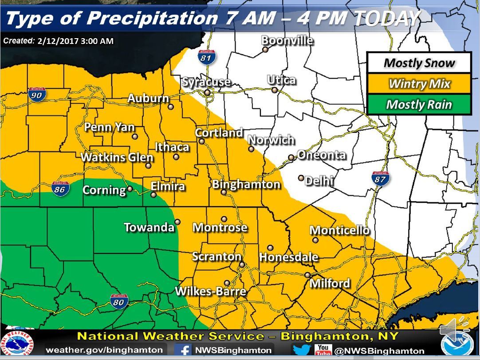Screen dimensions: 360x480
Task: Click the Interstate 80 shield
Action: tap(119, 301)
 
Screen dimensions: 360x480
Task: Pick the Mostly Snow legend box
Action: tap(419, 63)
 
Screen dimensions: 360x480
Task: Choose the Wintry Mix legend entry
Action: tap(419, 83)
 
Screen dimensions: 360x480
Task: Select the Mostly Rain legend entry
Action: tap(419, 105)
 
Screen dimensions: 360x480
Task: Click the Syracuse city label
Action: tap(206, 82)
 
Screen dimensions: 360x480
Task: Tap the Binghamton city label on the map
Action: tap(246, 184)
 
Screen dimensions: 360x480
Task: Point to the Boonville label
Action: tap(287, 40)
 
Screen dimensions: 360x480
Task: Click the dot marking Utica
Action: tap(275, 90)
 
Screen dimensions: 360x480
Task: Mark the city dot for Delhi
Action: tap(301, 178)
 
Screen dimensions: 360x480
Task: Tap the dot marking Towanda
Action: tap(177, 222)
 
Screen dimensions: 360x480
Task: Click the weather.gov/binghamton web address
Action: tap(104, 350)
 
